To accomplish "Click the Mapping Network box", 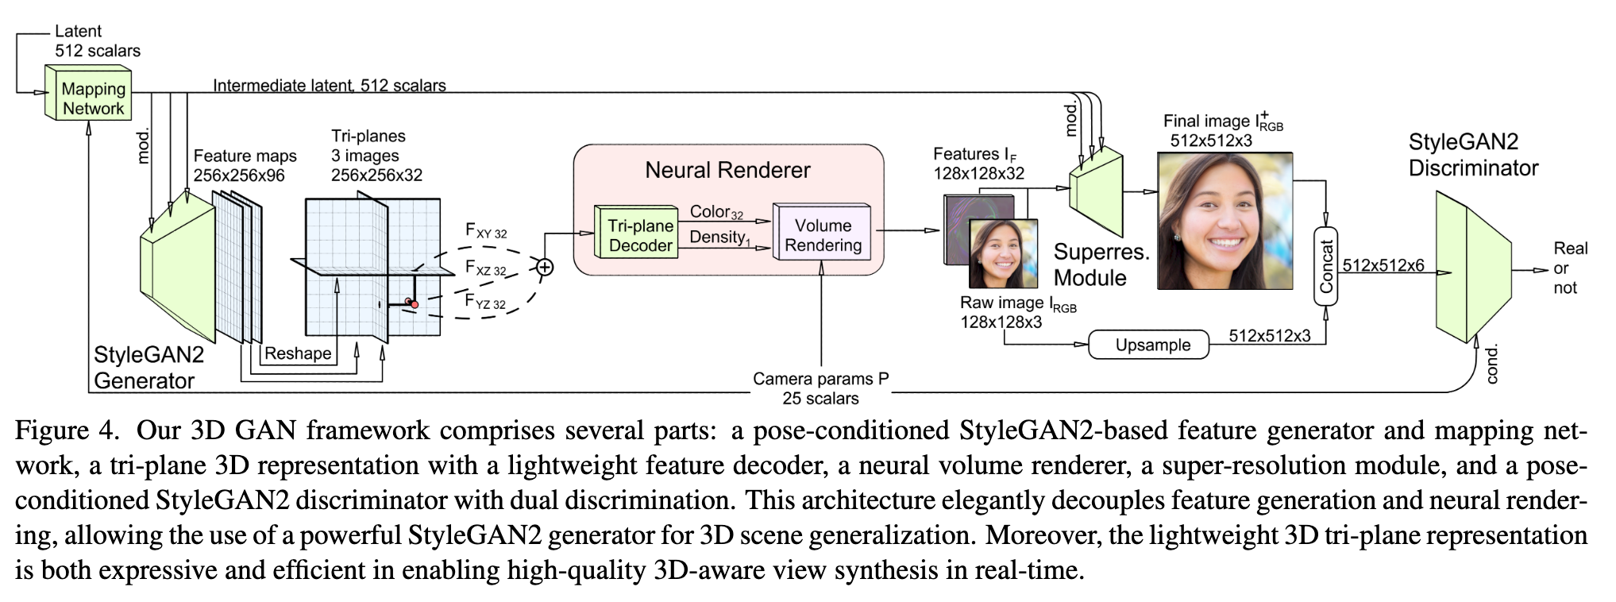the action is pyautogui.click(x=89, y=95).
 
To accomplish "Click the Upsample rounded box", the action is pyautogui.click(x=1152, y=345).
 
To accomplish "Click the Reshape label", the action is pyautogui.click(x=298, y=353).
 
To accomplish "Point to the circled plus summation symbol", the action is pyautogui.click(x=544, y=268).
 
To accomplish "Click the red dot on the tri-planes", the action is pyautogui.click(x=415, y=305).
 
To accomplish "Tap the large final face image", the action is pyautogui.click(x=1225, y=220).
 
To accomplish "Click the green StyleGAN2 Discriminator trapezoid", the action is pyautogui.click(x=1473, y=268).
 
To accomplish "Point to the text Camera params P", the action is pyautogui.click(x=821, y=379).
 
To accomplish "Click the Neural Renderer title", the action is pyautogui.click(x=727, y=170).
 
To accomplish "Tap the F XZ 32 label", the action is pyautogui.click(x=485, y=268).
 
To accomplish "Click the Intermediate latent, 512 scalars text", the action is pyautogui.click(x=330, y=85).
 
